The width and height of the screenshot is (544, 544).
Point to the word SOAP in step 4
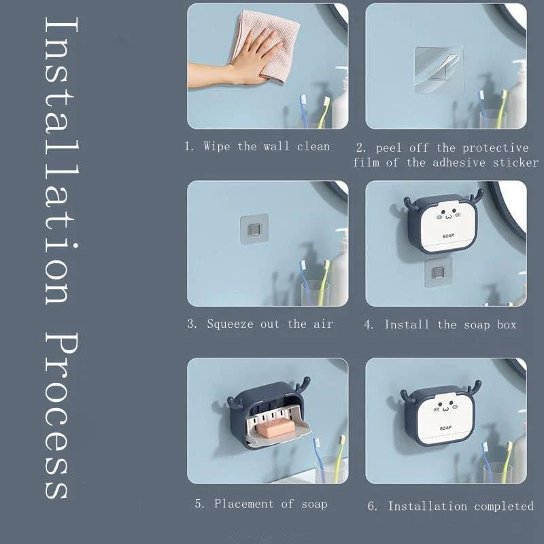[447, 236]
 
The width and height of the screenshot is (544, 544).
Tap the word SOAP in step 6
[445, 428]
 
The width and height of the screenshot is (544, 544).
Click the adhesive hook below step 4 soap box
[439, 273]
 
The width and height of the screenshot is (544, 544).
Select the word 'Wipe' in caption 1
[217, 146]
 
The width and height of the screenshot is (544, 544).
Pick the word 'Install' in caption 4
[407, 324]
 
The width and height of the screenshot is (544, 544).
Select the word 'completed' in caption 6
[504, 506]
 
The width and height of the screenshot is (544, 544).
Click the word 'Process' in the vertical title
[58, 415]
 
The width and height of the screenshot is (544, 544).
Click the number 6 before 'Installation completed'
[371, 506]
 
